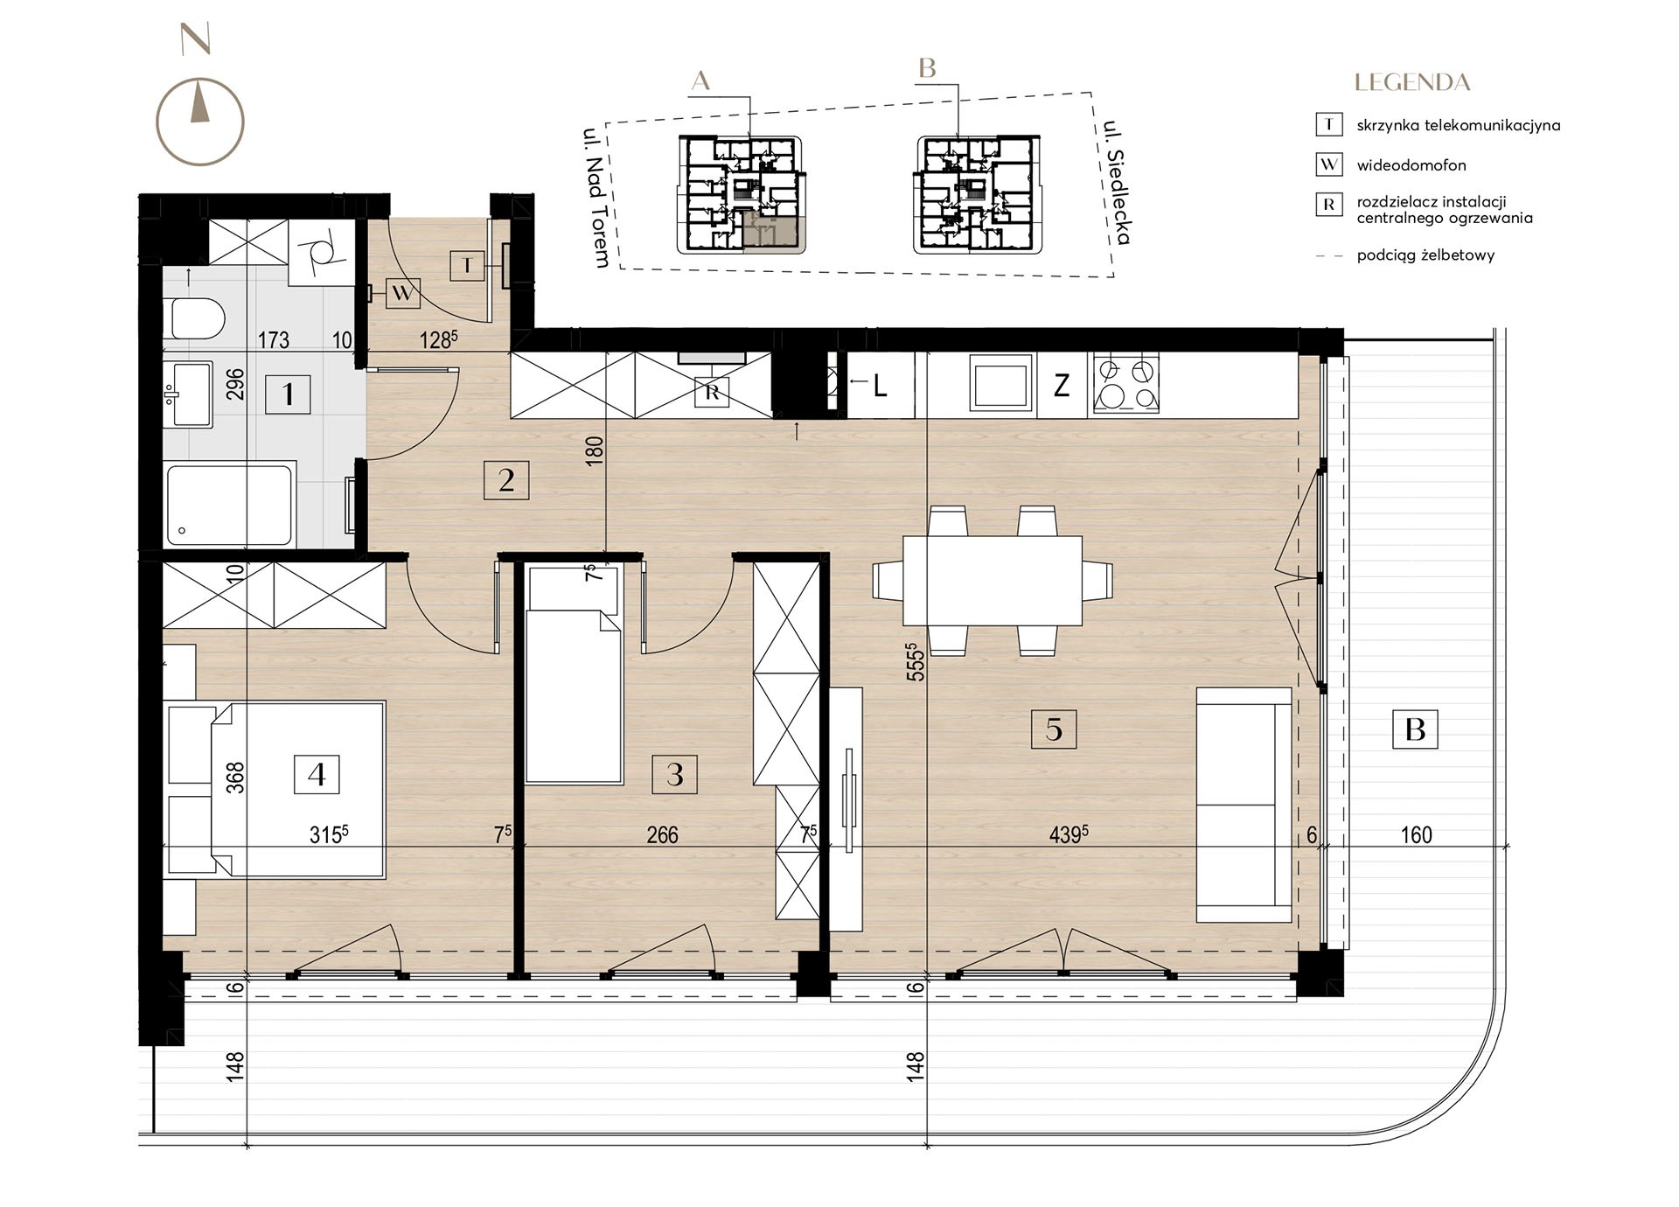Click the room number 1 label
(x=288, y=394)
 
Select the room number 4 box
(x=317, y=774)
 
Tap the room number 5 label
(x=1054, y=729)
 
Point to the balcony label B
(x=1415, y=729)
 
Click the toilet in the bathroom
(x=198, y=317)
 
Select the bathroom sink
(x=187, y=394)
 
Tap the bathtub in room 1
(x=229, y=506)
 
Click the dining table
(x=993, y=580)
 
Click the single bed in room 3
(x=573, y=673)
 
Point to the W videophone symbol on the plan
(x=402, y=293)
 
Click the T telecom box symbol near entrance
(x=468, y=266)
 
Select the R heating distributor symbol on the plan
(x=712, y=393)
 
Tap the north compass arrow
(x=200, y=101)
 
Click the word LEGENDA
(x=1412, y=83)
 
